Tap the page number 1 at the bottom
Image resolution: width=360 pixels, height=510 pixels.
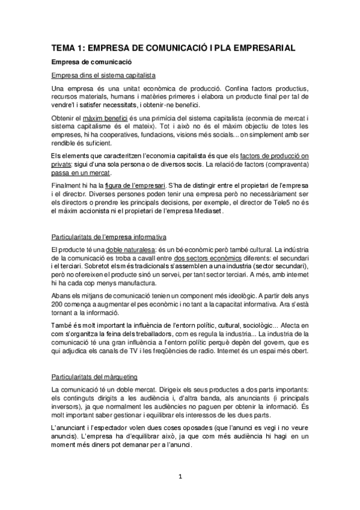point(180,477)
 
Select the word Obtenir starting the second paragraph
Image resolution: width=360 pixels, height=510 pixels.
point(65,117)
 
